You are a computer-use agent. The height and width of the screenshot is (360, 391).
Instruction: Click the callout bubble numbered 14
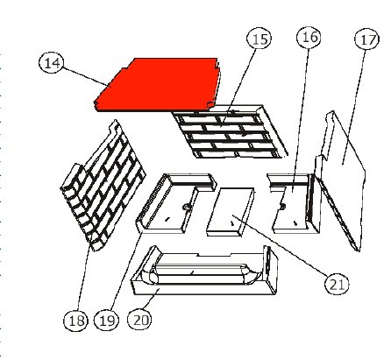tap(52, 63)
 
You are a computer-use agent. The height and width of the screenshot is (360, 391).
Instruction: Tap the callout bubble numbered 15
tap(259, 39)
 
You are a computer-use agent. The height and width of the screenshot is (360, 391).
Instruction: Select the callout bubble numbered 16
tap(309, 37)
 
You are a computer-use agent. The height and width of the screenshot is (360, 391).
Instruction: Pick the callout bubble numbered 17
tap(367, 39)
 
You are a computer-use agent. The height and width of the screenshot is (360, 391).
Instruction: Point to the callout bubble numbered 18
tap(76, 321)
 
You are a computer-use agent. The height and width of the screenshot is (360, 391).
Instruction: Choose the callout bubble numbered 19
tap(107, 321)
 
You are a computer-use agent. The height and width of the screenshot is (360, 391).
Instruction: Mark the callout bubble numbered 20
tap(140, 320)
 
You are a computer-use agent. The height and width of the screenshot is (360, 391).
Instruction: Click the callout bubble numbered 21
tap(337, 284)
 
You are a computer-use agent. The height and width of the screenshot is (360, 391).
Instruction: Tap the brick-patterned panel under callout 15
tap(230, 131)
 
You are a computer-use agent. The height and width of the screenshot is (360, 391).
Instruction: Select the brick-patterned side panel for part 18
tap(103, 187)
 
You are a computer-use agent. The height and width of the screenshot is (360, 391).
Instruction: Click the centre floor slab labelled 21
tap(231, 212)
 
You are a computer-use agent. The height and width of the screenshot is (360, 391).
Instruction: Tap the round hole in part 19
tap(186, 207)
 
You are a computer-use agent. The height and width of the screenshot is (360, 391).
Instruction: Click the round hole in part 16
tap(282, 206)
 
